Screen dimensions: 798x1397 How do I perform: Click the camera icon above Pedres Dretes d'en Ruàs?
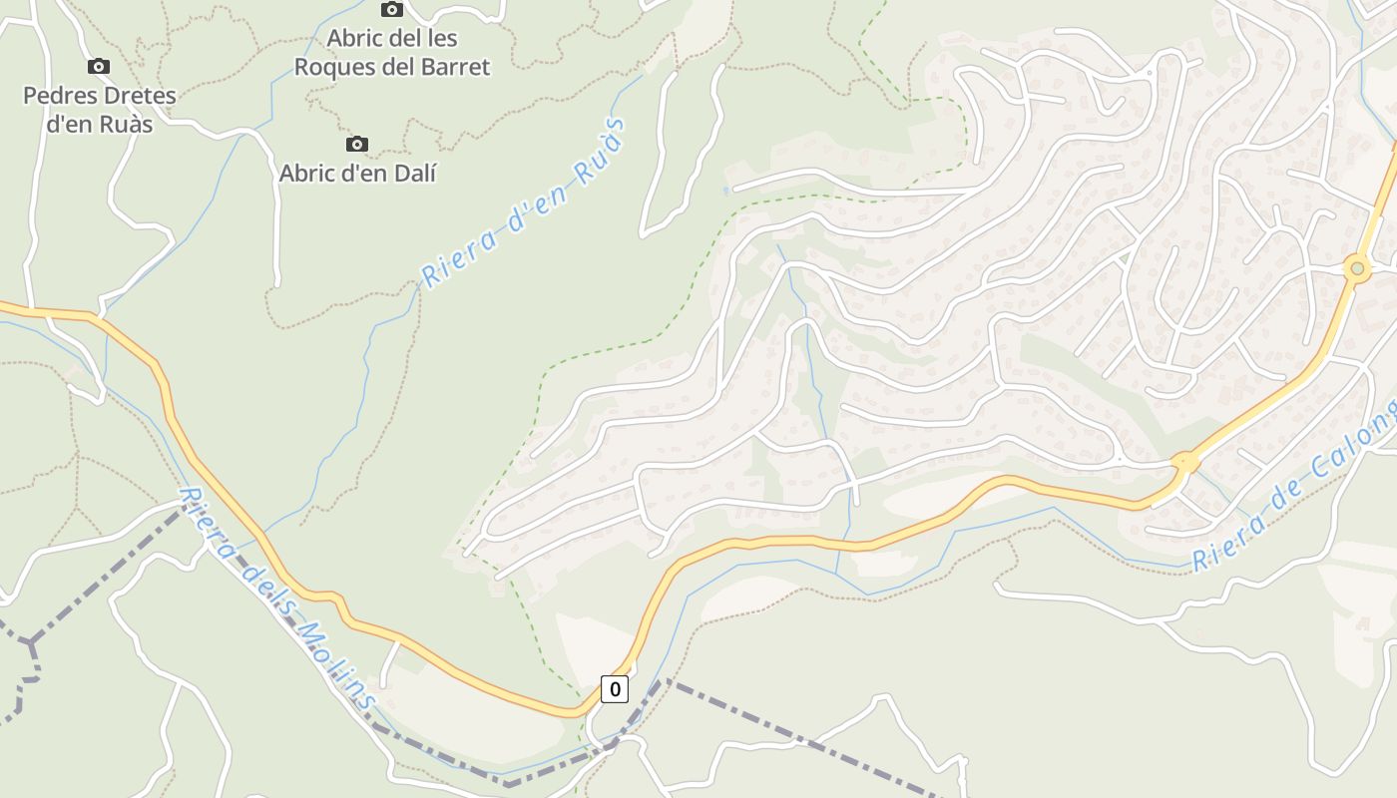click(x=98, y=67)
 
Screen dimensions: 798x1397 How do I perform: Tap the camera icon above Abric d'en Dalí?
click(x=356, y=145)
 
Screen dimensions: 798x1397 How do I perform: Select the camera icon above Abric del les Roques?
click(x=392, y=10)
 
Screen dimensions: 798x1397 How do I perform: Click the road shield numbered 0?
click(x=615, y=688)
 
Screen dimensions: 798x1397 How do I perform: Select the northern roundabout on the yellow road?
click(x=1356, y=267)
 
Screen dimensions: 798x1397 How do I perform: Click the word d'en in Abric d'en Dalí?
click(x=366, y=174)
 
